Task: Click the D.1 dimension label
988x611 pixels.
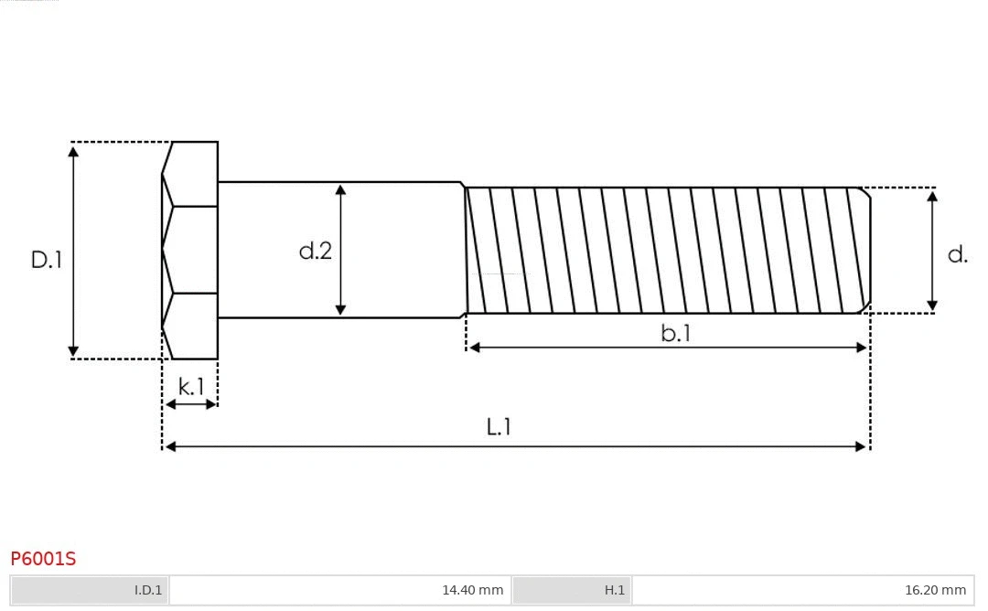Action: point(46,260)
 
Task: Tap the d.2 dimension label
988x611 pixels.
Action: point(316,251)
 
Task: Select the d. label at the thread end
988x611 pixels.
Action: point(957,254)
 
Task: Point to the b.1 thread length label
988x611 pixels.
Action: point(676,334)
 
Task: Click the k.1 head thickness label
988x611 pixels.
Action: point(191,387)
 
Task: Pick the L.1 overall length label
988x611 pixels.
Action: point(499,426)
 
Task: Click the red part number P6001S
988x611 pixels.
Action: point(43,558)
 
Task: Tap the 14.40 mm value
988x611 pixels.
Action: point(472,590)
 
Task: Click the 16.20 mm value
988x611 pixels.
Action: point(935,590)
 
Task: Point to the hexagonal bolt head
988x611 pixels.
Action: point(190,250)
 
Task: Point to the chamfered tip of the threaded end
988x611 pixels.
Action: point(864,250)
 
